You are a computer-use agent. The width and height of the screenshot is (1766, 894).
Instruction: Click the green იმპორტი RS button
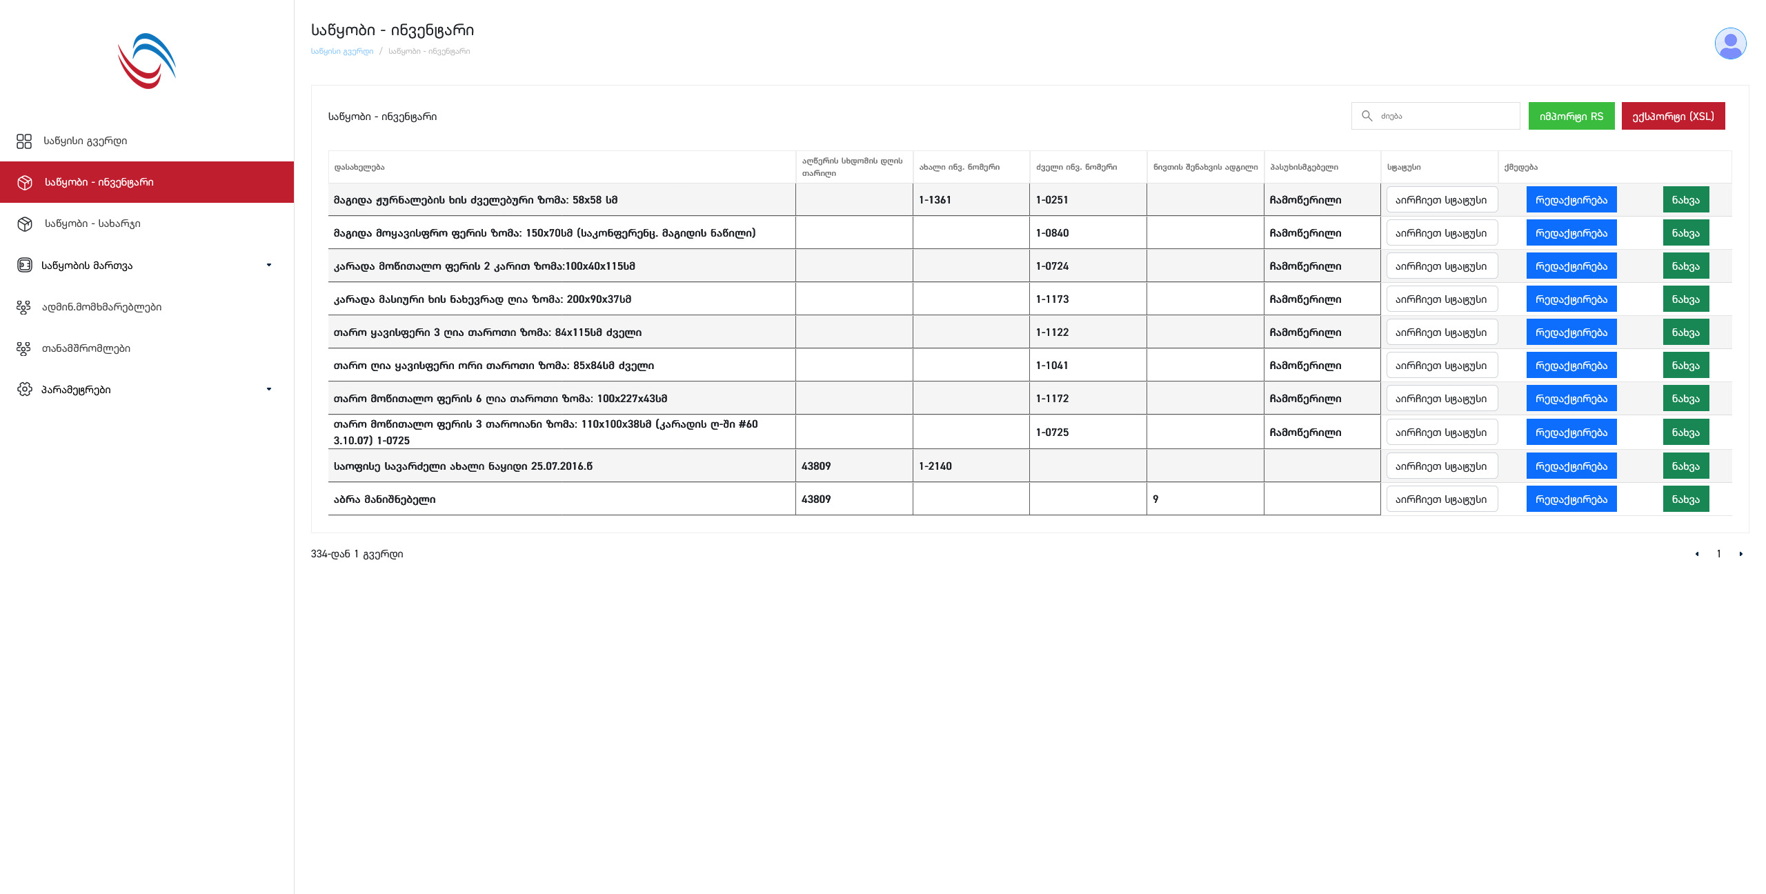coord(1571,116)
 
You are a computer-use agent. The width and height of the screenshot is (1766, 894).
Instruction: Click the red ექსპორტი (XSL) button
coord(1672,116)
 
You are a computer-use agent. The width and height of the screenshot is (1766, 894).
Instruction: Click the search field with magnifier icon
coord(1442,116)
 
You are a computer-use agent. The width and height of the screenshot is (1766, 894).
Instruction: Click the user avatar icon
coord(1730,44)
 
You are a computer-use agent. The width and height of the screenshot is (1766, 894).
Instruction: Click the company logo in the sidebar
coord(147,61)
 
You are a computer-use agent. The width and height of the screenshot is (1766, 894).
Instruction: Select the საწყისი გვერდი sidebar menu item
coord(85,141)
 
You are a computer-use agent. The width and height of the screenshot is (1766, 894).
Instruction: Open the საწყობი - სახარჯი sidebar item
coord(92,223)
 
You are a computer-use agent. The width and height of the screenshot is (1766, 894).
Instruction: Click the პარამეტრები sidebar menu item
coord(76,390)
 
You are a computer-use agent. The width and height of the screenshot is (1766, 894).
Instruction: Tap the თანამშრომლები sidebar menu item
coord(86,348)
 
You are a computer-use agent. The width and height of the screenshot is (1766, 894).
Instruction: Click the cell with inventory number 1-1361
coord(935,200)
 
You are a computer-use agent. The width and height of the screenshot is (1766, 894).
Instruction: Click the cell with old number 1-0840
coord(1052,233)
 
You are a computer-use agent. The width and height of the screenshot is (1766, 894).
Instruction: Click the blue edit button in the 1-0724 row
coord(1571,266)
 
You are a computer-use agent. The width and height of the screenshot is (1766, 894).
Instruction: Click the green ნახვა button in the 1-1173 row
coord(1685,299)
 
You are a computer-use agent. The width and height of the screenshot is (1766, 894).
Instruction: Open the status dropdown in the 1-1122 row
coord(1441,332)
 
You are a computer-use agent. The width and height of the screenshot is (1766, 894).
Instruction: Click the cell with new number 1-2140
coord(935,466)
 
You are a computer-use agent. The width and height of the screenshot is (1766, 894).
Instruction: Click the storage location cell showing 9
coord(1155,499)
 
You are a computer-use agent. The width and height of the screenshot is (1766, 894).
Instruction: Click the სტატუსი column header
coord(1404,167)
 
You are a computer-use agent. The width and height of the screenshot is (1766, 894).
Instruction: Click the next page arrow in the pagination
coord(1740,554)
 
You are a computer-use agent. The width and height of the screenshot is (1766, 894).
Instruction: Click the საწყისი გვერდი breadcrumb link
coord(341,51)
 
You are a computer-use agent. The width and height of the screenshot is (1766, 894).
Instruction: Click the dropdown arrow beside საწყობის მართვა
coord(269,265)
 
